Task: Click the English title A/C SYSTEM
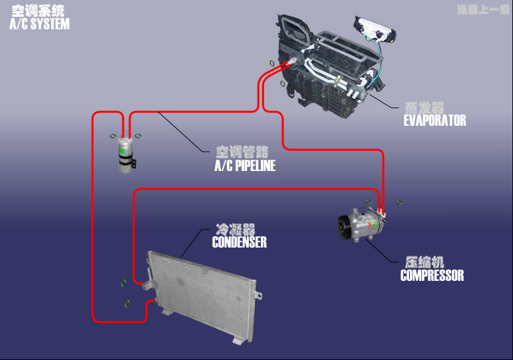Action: click(x=39, y=25)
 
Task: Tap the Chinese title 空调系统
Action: click(x=37, y=11)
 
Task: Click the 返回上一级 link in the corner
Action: click(x=482, y=9)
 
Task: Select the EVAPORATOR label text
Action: click(x=434, y=120)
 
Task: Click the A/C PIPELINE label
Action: click(x=245, y=166)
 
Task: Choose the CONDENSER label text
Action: click(x=239, y=242)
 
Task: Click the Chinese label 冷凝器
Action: click(x=235, y=229)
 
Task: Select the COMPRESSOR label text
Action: click(x=432, y=275)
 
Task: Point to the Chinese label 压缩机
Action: click(x=425, y=262)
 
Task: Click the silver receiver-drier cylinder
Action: click(x=126, y=156)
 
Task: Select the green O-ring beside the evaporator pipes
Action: click(x=273, y=63)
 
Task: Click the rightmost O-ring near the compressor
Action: click(x=401, y=201)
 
